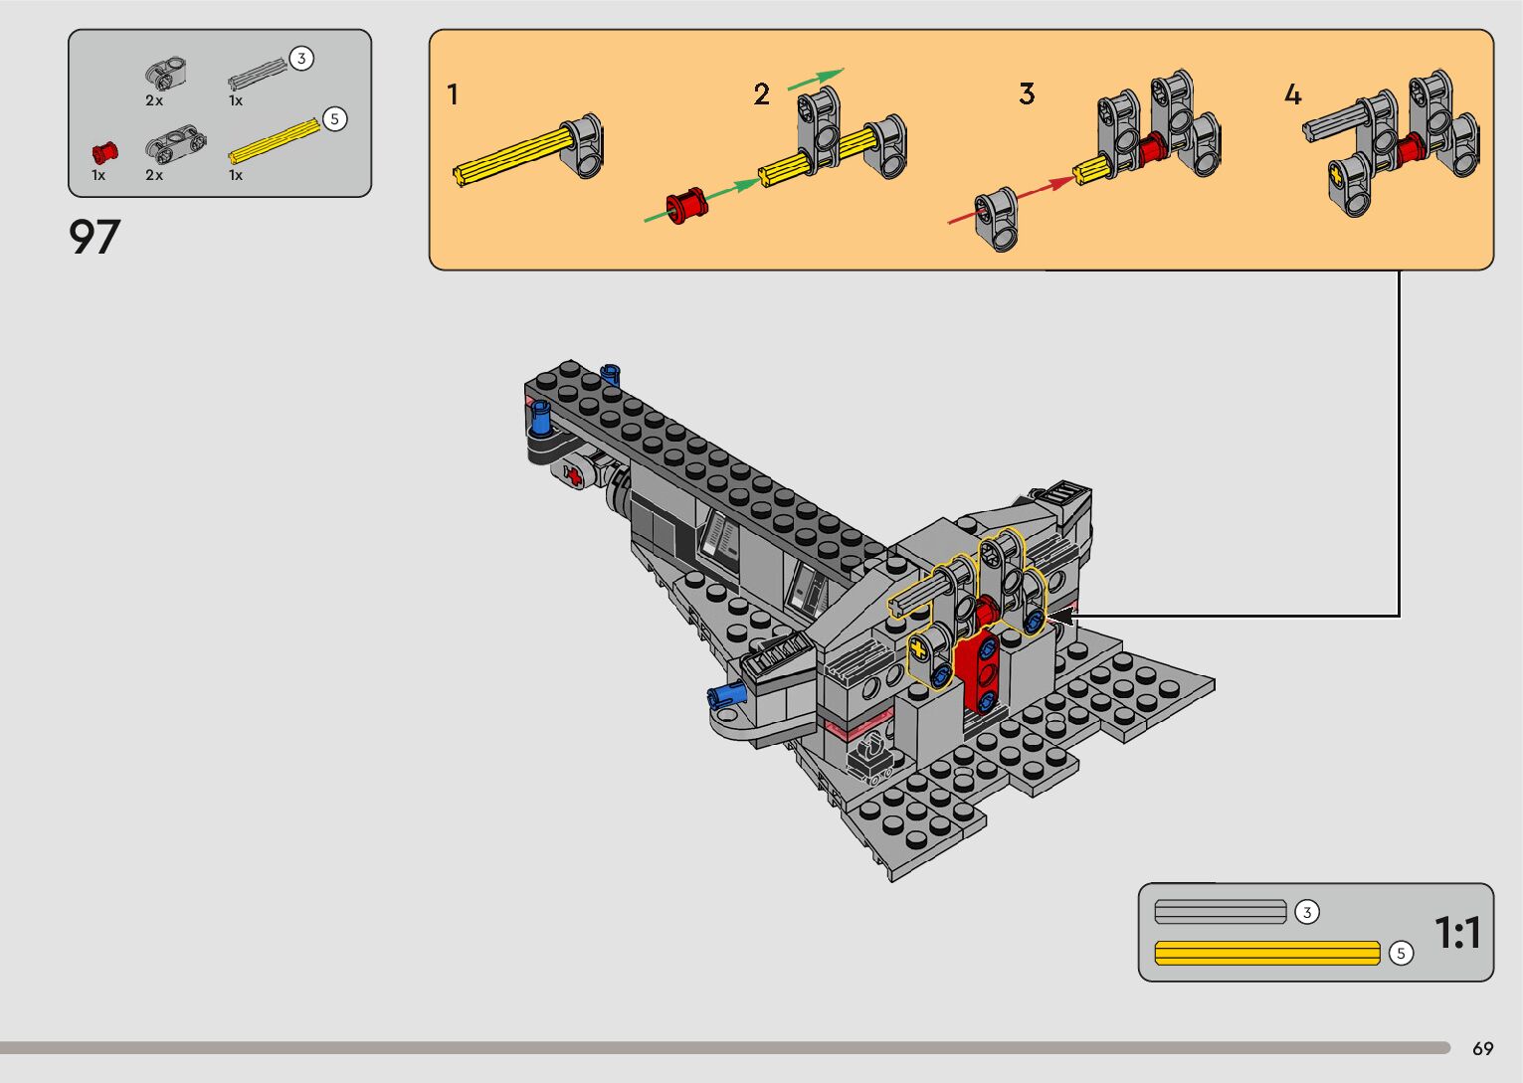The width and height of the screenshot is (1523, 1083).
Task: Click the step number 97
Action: click(x=95, y=237)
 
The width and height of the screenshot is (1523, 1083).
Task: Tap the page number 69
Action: click(x=1483, y=1048)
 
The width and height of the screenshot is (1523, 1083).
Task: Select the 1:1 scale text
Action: click(x=1457, y=932)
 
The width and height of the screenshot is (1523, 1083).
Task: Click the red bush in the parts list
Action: click(x=104, y=152)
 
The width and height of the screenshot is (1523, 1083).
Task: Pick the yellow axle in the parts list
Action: click(x=275, y=141)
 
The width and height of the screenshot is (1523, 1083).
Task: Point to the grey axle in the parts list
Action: click(x=258, y=75)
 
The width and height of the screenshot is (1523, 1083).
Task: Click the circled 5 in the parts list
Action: click(x=334, y=119)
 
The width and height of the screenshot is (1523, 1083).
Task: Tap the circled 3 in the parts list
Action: click(x=301, y=59)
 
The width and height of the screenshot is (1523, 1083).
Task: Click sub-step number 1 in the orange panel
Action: click(x=453, y=93)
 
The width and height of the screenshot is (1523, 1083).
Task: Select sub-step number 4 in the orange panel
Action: click(x=1292, y=93)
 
